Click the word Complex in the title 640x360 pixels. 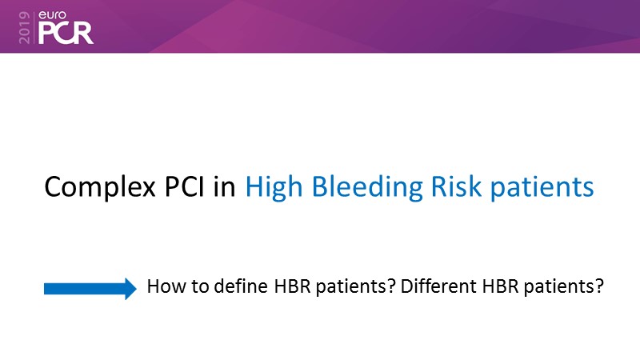pos(100,187)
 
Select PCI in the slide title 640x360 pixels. pos(184,186)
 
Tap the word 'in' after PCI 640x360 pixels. pos(224,186)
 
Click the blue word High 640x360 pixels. pos(274,188)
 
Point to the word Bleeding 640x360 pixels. pos(367,188)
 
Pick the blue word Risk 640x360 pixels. pos(456,186)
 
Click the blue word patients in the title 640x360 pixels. pos(542,188)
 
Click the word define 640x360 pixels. pos(241,286)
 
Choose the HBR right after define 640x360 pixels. pos(292,286)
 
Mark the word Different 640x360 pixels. pos(438,286)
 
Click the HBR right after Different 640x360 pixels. pos(501,286)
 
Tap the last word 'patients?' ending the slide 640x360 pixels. pos(564,287)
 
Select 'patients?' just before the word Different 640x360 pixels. pos(355,287)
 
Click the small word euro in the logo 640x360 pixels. pos(52,15)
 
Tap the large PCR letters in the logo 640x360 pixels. pos(66,33)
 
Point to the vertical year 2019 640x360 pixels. pos(25,27)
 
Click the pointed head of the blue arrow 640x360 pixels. pos(130,289)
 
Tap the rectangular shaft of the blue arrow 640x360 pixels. pos(85,289)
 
